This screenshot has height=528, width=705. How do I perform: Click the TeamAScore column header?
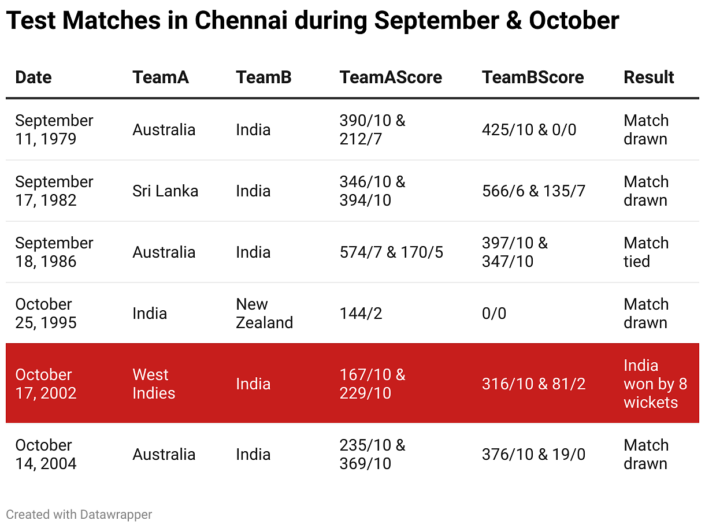(391, 77)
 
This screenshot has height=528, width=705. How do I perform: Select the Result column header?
(648, 77)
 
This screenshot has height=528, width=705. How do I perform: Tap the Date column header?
(33, 77)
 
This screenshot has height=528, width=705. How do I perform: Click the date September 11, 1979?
(54, 130)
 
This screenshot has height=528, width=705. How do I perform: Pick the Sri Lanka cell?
(165, 191)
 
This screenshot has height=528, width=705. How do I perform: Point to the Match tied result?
(645, 252)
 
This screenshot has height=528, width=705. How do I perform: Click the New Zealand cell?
(264, 314)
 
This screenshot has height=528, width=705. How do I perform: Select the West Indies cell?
(154, 384)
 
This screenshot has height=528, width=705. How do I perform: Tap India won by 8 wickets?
(655, 384)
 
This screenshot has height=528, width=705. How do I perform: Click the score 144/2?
(361, 314)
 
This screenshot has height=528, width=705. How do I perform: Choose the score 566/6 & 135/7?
(533, 191)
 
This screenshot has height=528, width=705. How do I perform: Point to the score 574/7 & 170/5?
(391, 252)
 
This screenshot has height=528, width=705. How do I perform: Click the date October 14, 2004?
(46, 455)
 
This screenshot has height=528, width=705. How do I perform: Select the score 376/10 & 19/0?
(533, 455)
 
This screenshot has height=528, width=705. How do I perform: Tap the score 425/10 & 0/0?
(529, 130)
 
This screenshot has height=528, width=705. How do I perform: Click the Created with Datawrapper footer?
(79, 514)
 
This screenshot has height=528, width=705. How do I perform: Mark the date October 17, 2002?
(46, 384)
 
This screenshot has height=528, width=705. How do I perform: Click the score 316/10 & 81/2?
(533, 384)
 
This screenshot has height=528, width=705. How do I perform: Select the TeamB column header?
(264, 77)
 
